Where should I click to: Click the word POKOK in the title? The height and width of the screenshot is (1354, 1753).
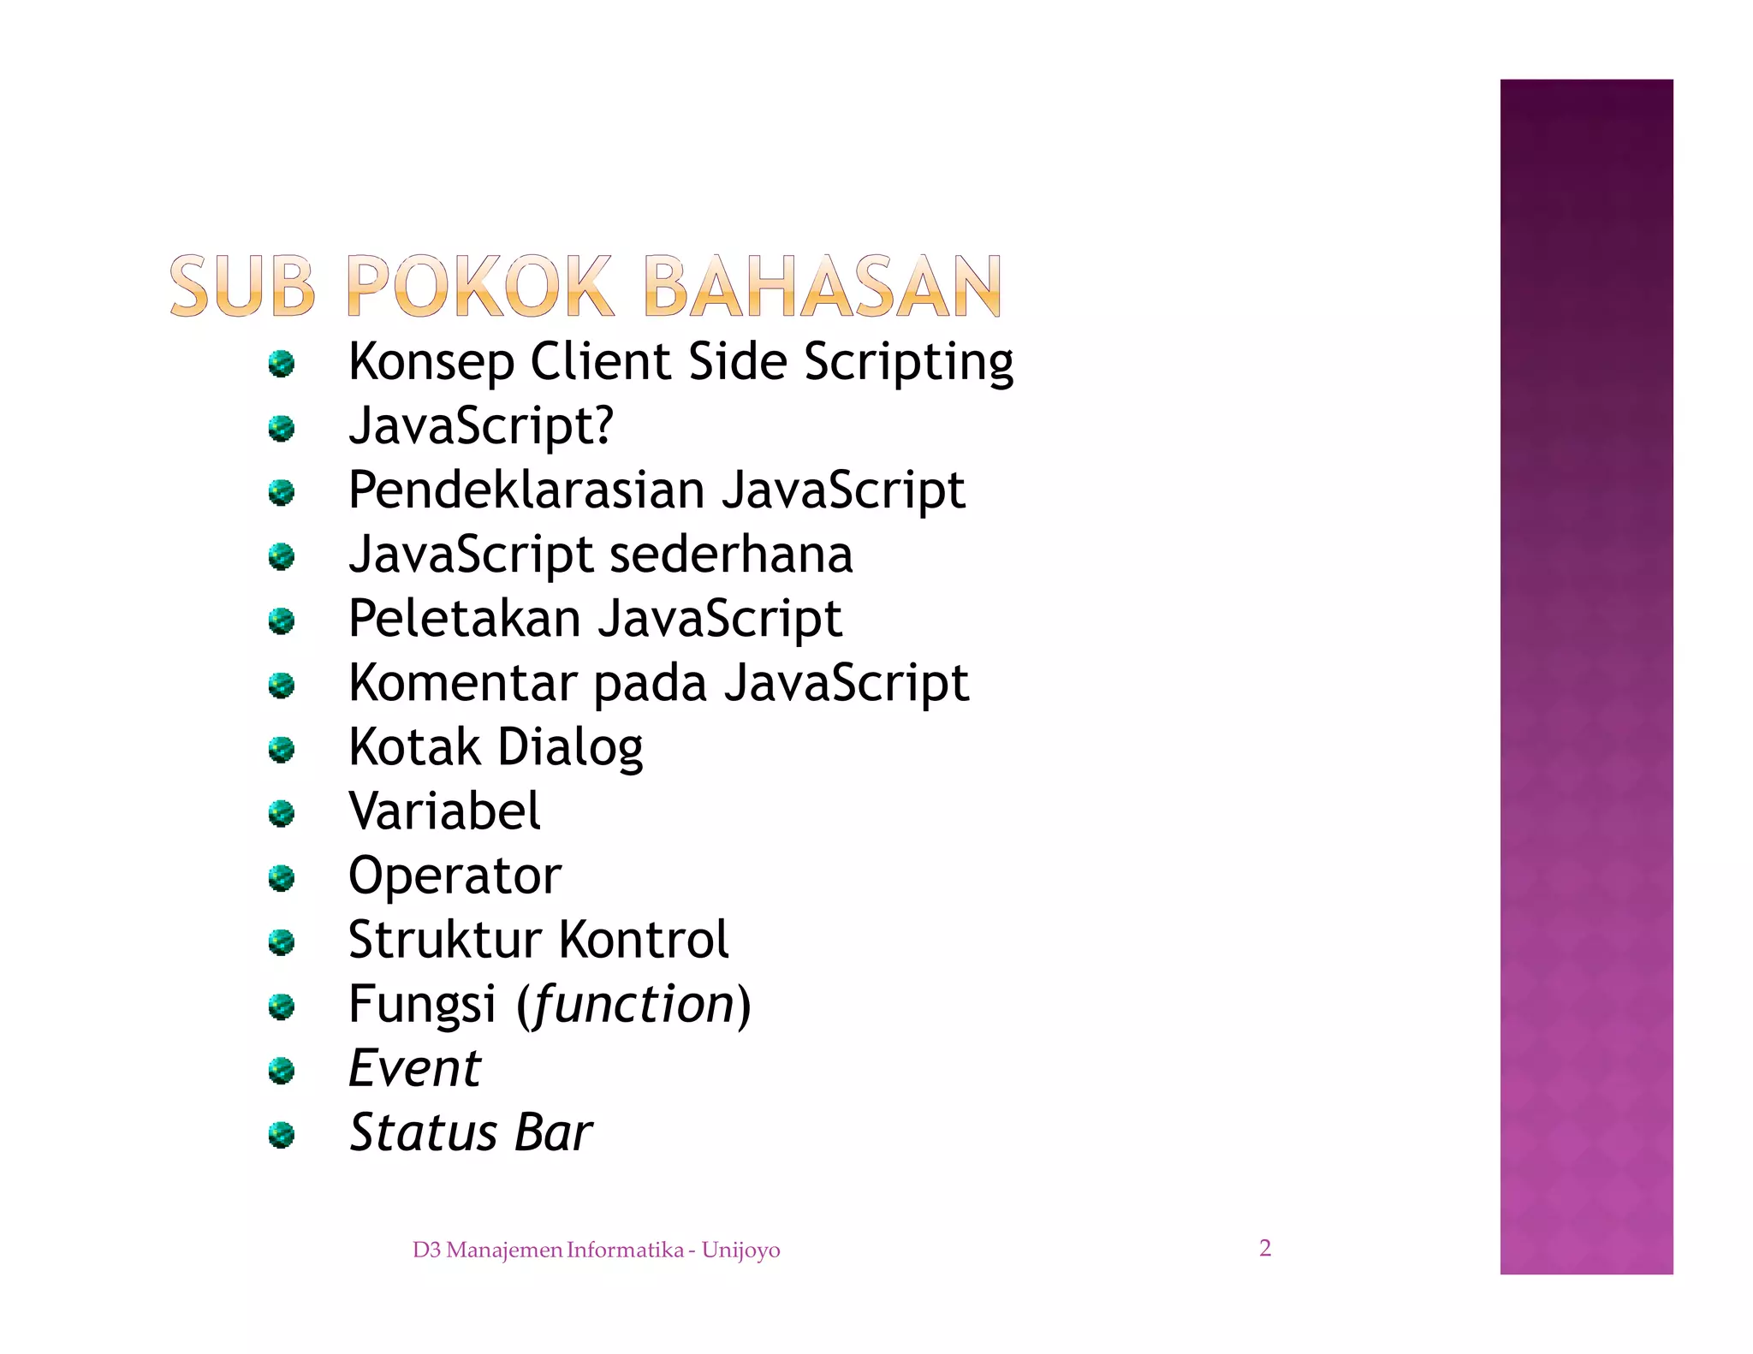pos(479,286)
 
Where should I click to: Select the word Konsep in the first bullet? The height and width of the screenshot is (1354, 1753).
pos(431,362)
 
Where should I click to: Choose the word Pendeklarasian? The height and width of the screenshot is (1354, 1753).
pos(526,490)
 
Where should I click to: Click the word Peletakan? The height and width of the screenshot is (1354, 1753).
pos(465,618)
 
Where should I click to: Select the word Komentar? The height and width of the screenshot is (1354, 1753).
pos(462,683)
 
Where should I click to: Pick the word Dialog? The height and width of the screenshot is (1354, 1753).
pos(570,748)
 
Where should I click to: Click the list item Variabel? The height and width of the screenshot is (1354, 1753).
pos(444,811)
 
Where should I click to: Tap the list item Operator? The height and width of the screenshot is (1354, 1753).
pos(455,876)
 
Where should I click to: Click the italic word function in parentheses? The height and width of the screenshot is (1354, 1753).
pos(633,1004)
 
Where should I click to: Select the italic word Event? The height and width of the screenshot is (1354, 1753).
pos(415,1068)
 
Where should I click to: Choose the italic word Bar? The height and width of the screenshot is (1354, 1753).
pos(554,1132)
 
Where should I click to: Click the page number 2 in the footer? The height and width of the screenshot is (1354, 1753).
pos(1265,1248)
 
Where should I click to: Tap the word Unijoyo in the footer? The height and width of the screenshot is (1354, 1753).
pos(740,1250)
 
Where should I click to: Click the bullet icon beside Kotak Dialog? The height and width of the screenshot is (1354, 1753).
pos(281,750)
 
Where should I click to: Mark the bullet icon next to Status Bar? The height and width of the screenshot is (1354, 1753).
pos(281,1135)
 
